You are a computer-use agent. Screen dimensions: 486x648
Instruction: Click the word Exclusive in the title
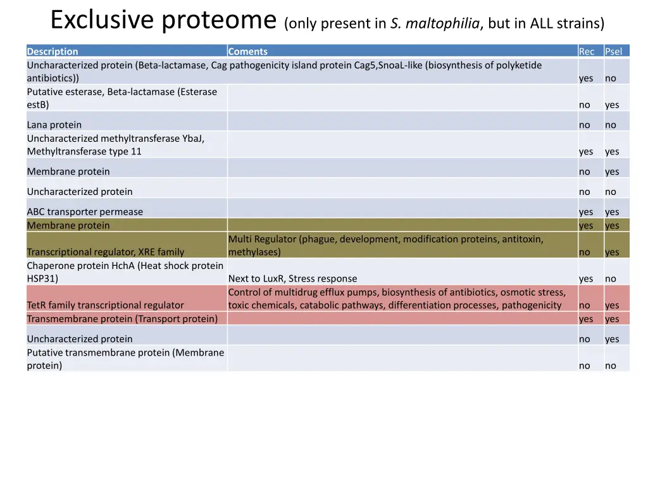(x=101, y=20)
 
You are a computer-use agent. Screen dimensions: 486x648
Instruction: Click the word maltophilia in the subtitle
(x=443, y=24)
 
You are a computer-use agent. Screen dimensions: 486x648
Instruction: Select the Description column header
(x=53, y=51)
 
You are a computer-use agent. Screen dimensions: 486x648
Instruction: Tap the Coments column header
(x=247, y=51)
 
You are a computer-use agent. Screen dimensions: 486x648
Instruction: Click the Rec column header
(x=587, y=51)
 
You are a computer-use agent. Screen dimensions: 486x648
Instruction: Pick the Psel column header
(x=613, y=51)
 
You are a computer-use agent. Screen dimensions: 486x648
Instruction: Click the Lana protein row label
(x=54, y=125)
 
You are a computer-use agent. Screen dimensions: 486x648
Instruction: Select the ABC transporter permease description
(x=85, y=211)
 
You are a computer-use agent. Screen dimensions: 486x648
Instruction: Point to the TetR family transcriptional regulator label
(x=105, y=305)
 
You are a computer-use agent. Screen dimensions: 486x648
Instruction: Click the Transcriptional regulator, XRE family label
(x=106, y=252)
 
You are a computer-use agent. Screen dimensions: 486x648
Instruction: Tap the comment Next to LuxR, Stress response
(x=292, y=278)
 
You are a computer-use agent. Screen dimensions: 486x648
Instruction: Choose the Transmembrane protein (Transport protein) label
(x=122, y=318)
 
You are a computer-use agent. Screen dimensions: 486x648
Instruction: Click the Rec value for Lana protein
(x=584, y=125)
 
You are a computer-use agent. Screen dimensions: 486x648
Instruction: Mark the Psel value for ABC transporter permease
(x=612, y=211)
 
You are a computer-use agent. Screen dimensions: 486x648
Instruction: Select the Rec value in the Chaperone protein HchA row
(x=586, y=278)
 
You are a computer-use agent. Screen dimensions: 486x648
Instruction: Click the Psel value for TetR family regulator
(x=612, y=305)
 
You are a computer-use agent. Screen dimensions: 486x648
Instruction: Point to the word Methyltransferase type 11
(x=84, y=151)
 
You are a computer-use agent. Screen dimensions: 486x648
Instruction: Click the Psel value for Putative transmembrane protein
(x=610, y=365)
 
